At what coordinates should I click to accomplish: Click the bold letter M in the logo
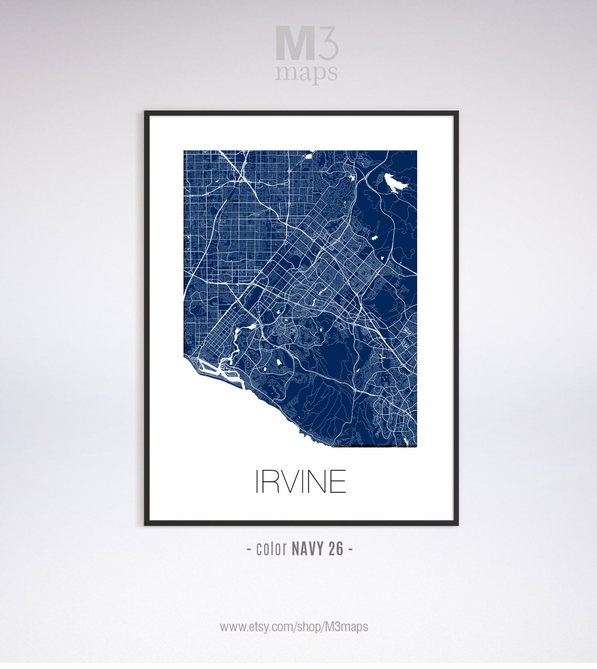click(295, 43)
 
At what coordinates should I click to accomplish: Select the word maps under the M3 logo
click(306, 72)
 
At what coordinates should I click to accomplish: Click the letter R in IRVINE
click(270, 481)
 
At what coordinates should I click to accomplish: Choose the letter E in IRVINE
click(338, 481)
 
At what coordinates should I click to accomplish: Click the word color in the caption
click(271, 549)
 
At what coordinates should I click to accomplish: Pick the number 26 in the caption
click(336, 549)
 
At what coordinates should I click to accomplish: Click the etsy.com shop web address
click(294, 627)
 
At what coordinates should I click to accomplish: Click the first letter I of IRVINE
click(257, 481)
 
